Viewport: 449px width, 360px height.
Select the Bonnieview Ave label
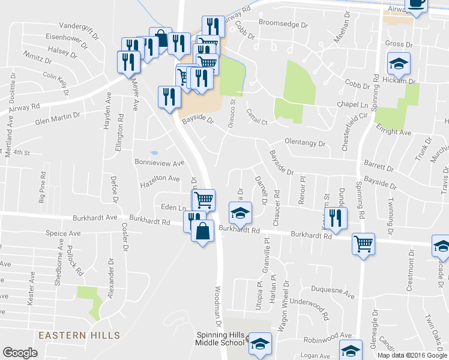tap(160, 163)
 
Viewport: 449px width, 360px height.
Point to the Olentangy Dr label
tap(304, 144)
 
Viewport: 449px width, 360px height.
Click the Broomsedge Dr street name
tap(283, 24)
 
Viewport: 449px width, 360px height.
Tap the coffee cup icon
tap(417, 4)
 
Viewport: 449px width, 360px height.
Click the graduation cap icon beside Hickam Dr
tap(398, 63)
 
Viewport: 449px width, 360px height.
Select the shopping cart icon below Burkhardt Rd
tap(363, 243)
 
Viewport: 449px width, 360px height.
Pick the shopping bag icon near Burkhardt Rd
tap(203, 230)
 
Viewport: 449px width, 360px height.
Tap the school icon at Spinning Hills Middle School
tap(260, 344)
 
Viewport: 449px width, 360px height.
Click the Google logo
tap(20, 353)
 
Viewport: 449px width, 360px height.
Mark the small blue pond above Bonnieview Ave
tap(154, 153)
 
